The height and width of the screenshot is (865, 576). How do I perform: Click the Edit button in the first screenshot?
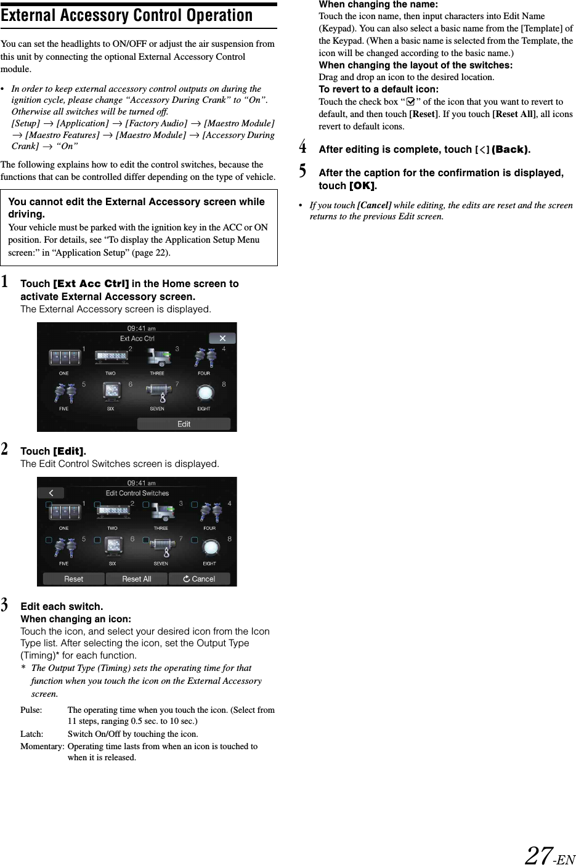coord(184,424)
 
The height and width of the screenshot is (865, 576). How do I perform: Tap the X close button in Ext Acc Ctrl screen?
coord(222,338)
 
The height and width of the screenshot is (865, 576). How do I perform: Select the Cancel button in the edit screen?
coord(199,579)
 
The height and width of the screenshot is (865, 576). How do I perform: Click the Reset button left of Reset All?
coord(73,579)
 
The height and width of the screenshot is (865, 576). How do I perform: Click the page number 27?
coord(539,855)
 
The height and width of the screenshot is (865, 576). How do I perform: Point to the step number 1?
coord(5,283)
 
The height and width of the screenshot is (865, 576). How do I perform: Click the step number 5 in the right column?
coord(302,170)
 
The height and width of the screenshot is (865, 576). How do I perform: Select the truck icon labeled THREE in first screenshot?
coord(158,358)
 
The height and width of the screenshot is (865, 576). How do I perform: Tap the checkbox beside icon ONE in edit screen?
coord(49,505)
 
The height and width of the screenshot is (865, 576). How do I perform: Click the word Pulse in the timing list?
coord(31,710)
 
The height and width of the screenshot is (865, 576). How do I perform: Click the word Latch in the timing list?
coord(32,734)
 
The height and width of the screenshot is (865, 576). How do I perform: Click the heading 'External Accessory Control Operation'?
coord(127,15)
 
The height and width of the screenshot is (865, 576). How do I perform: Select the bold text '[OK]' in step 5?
coord(363,185)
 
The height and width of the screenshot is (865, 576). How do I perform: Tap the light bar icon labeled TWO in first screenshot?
coord(110,357)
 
